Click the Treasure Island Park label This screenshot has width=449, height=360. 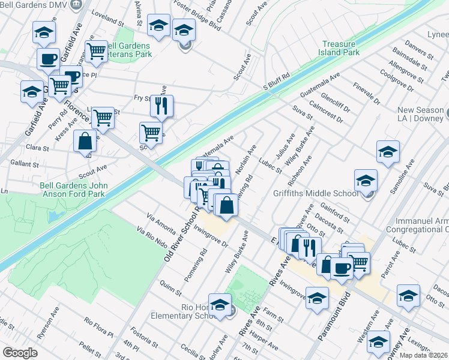coord(340,48)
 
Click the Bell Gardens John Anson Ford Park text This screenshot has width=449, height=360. coord(73,190)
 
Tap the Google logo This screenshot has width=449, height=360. coord(20,353)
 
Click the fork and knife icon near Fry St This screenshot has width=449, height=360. coord(161,106)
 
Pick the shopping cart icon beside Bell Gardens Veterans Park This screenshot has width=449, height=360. coord(95,52)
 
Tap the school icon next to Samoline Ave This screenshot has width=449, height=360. coord(388,152)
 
